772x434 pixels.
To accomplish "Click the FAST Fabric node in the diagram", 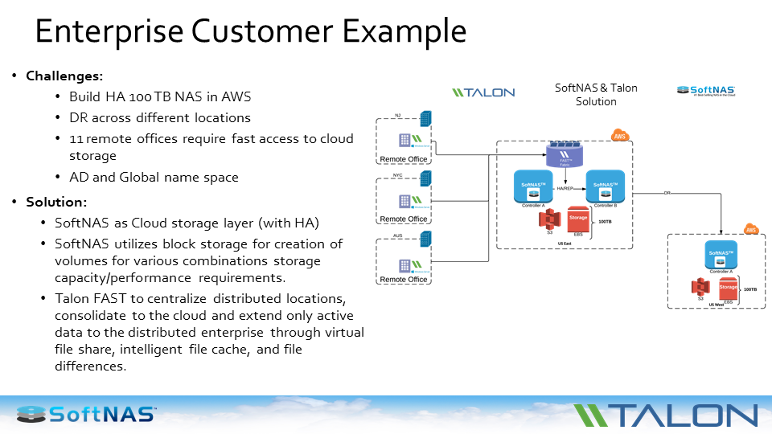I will coord(569,154).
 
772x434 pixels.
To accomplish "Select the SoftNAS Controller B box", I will coord(606,186).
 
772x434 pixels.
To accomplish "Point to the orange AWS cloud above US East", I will coord(619,136).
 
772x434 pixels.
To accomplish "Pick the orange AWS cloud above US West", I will coord(751,229).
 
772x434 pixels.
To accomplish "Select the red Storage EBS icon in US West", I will coord(728,288).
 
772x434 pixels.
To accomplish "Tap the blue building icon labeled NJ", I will coord(425,118).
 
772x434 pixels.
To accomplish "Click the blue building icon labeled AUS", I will coord(425,239).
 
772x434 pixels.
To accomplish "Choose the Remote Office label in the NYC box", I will coord(404,219).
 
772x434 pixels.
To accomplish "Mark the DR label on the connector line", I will coord(667,193).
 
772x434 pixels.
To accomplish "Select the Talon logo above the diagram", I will coord(482,92).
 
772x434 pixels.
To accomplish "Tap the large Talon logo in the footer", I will coord(665,415).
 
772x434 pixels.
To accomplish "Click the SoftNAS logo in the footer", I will coord(87,414).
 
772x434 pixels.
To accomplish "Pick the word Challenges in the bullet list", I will coord(64,76).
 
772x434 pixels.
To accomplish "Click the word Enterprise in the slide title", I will coord(105,31).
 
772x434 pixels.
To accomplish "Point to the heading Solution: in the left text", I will coord(56,201).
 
